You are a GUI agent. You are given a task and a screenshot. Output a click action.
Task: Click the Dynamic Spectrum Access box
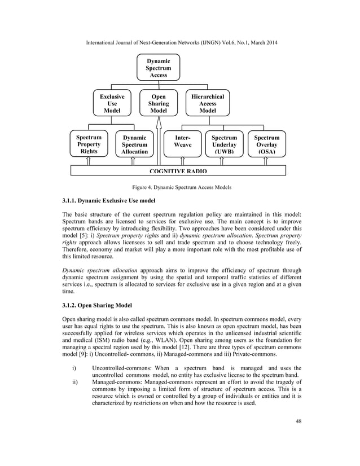pyautogui.click(x=158, y=67)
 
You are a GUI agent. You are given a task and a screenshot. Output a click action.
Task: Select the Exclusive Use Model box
pyautogui.click(x=112, y=104)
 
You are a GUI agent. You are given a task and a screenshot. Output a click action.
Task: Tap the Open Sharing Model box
pyautogui.click(x=159, y=104)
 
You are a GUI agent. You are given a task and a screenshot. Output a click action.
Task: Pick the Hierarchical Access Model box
pyautogui.click(x=208, y=104)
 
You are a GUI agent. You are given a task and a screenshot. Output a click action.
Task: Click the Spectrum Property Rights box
pyautogui.click(x=89, y=144)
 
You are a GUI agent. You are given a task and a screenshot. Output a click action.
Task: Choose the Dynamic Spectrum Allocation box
pyautogui.click(x=134, y=144)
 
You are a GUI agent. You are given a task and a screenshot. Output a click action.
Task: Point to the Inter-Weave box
pyautogui.click(x=183, y=142)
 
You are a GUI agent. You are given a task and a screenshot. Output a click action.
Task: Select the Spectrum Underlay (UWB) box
pyautogui.click(x=224, y=144)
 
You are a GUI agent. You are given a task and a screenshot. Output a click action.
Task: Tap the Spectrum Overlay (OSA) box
pyautogui.click(x=266, y=144)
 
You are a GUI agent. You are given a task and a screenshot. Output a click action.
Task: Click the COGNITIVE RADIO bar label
pyautogui.click(x=178, y=170)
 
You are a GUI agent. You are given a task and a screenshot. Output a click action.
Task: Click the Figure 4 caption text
pyautogui.click(x=179, y=187)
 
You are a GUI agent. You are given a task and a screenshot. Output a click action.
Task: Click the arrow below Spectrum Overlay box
pyautogui.click(x=266, y=161)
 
